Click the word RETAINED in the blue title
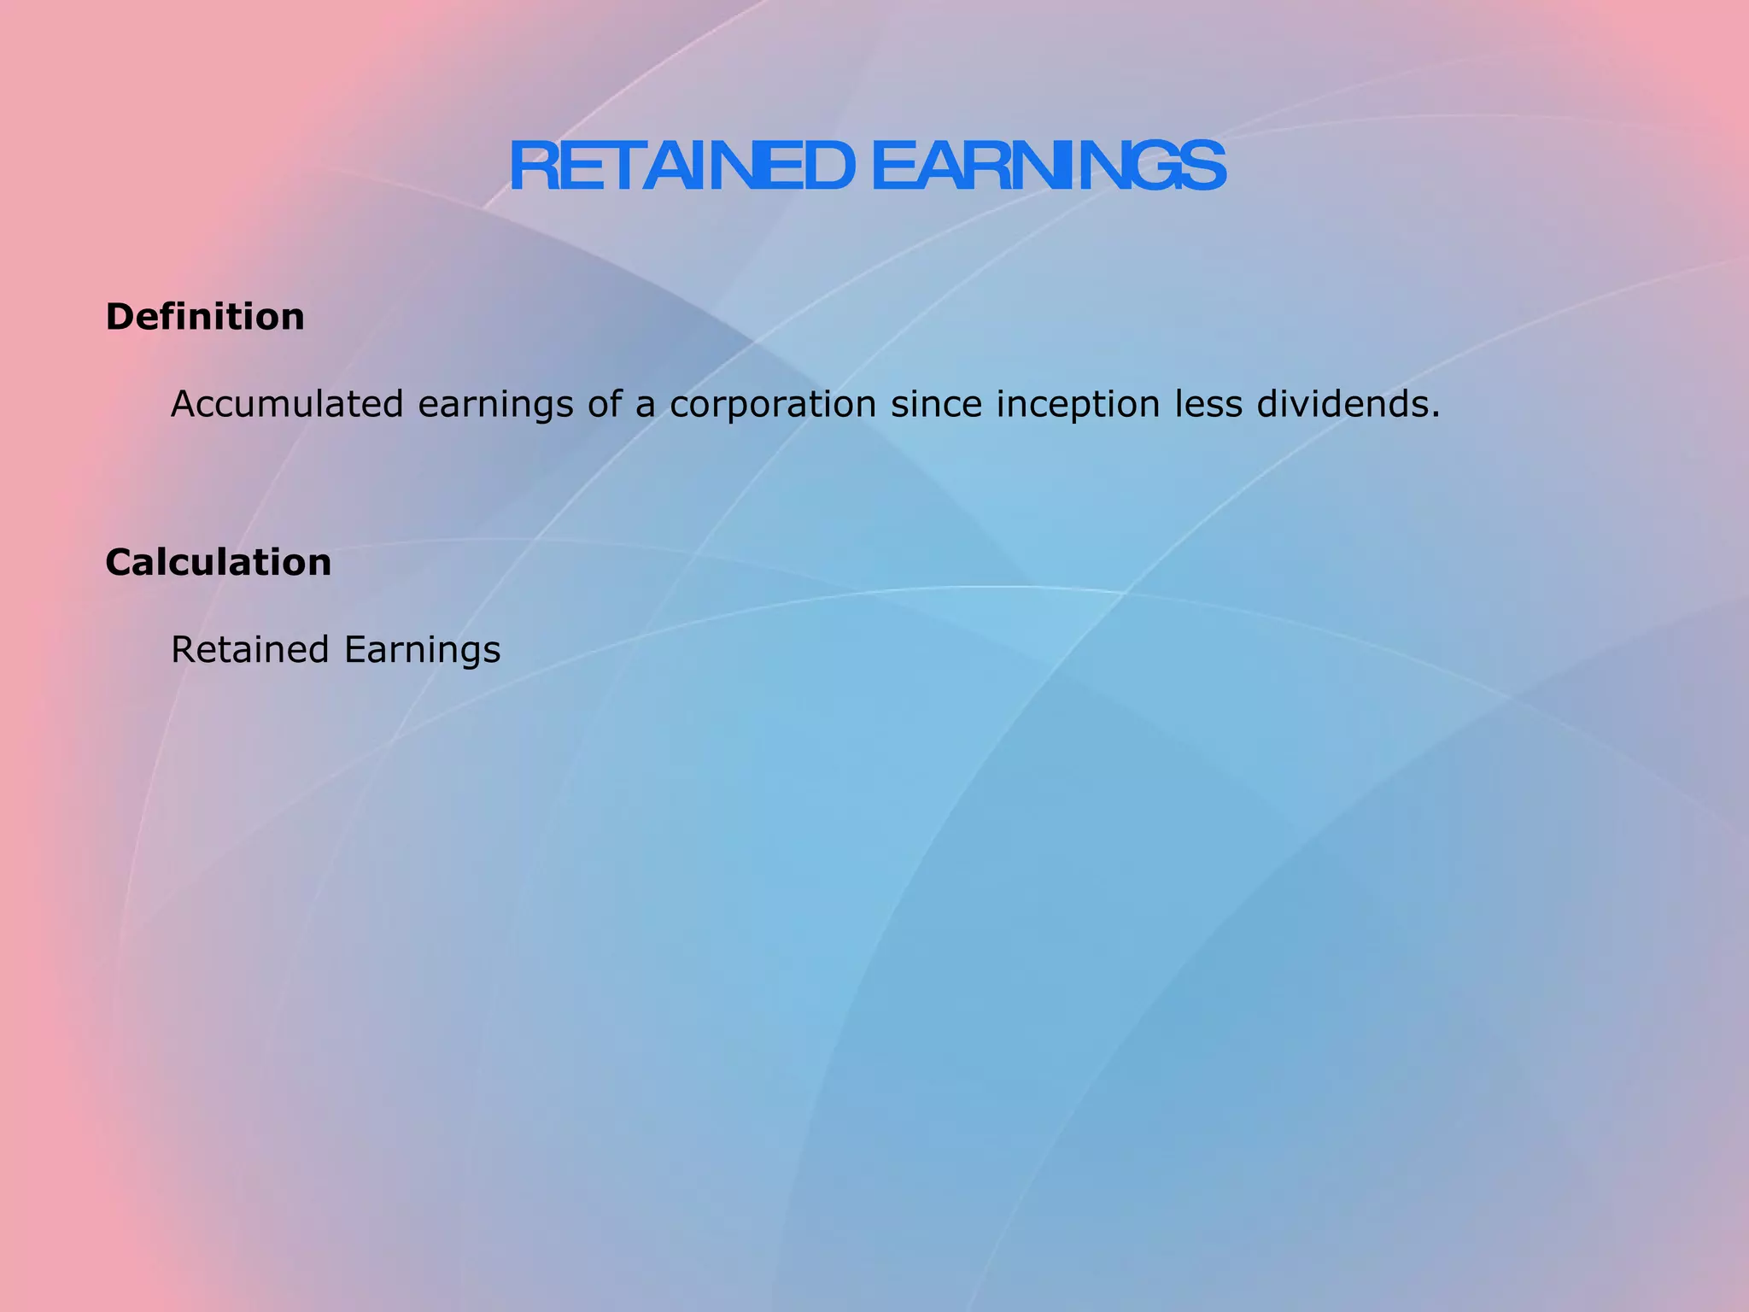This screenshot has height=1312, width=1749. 681,167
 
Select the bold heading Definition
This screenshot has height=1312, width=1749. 205,317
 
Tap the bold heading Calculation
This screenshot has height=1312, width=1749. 219,563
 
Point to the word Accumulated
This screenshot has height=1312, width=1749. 287,404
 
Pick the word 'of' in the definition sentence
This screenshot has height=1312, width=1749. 604,404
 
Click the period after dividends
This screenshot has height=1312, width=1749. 1436,414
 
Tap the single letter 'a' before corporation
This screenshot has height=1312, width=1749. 645,407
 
